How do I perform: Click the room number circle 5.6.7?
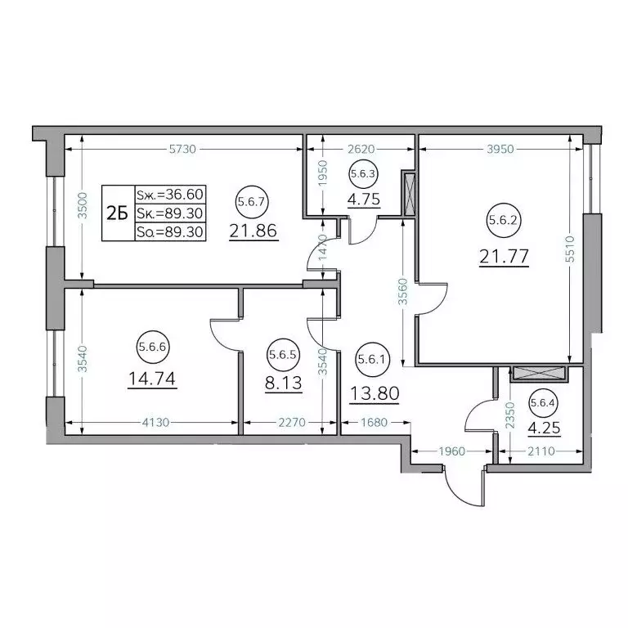[x=251, y=201]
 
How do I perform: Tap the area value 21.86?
[x=253, y=231]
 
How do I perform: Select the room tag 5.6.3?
[x=363, y=174]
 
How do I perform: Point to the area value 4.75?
[x=364, y=199]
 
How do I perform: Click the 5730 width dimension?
[x=182, y=149]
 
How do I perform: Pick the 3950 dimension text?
[x=500, y=149]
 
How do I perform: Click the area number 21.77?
[x=504, y=256]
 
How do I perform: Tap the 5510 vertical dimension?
[x=570, y=249]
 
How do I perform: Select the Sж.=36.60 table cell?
[x=170, y=195]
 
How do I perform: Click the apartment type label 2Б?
[x=118, y=213]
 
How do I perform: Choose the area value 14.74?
[x=152, y=379]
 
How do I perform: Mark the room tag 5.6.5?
[x=283, y=355]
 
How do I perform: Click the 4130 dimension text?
[x=156, y=422]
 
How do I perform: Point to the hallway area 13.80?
[x=375, y=393]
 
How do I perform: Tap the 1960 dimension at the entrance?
[x=451, y=451]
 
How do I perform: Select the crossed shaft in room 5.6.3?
[x=409, y=195]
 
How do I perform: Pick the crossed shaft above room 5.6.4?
[x=539, y=373]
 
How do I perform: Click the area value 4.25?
[x=544, y=428]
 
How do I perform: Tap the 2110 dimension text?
[x=541, y=451]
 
